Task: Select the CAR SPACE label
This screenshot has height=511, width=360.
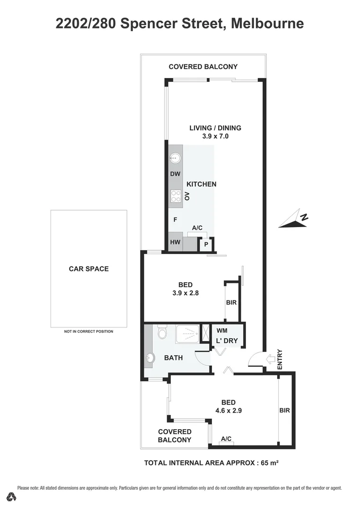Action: (88, 269)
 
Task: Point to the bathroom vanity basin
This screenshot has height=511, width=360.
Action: (150, 358)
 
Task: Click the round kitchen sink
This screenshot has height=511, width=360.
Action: (175, 157)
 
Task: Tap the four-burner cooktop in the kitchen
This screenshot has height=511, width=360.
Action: (176, 196)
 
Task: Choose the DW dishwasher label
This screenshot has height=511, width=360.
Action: (175, 174)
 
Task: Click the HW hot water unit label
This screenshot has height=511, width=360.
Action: (175, 243)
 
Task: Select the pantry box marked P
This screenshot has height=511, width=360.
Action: (206, 245)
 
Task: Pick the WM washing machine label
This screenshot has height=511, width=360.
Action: (222, 330)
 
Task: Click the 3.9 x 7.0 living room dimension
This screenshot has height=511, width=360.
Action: (215, 136)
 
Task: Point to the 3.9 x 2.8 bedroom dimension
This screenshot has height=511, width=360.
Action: (185, 293)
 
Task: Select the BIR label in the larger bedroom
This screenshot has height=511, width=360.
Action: (284, 411)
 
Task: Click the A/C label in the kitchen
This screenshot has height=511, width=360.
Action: (197, 228)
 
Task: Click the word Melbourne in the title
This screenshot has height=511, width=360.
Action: (268, 23)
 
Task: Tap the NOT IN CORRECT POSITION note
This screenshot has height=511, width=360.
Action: (88, 331)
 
